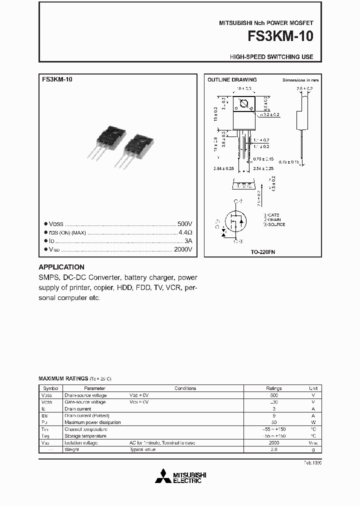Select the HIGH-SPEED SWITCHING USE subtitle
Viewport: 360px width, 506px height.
[271, 57]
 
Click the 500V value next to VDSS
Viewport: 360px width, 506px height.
[184, 224]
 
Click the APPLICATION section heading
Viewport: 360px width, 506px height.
[61, 267]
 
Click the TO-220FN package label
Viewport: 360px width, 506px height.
[263, 252]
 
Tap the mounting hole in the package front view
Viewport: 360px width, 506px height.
[244, 104]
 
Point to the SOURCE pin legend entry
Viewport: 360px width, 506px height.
[274, 224]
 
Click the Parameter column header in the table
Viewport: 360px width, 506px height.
[94, 388]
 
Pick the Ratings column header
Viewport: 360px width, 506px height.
[273, 388]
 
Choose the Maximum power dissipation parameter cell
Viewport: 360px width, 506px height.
[92, 422]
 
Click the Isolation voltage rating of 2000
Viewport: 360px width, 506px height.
[273, 443]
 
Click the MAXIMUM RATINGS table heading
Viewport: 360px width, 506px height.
[63, 378]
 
